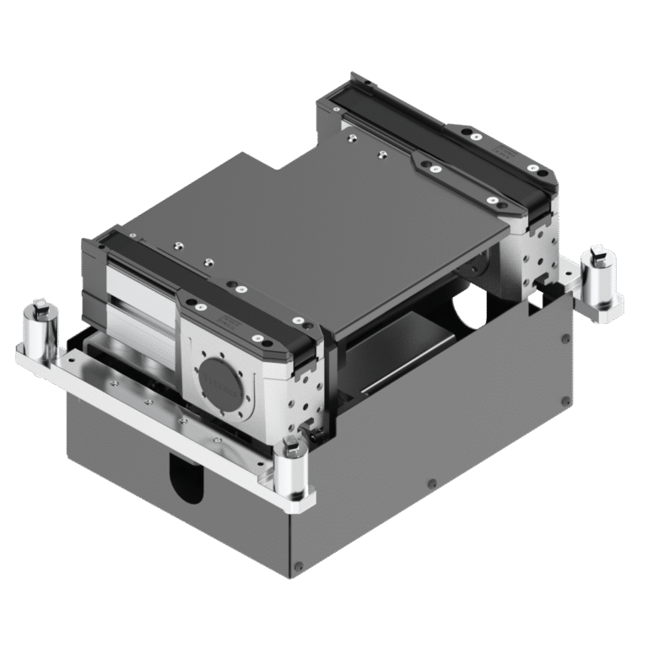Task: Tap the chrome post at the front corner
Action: click(289, 472)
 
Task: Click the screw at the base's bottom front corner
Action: click(296, 565)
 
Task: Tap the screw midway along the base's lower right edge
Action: click(432, 483)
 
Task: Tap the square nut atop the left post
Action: click(39, 307)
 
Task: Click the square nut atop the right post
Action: click(598, 252)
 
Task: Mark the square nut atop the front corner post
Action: click(289, 445)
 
